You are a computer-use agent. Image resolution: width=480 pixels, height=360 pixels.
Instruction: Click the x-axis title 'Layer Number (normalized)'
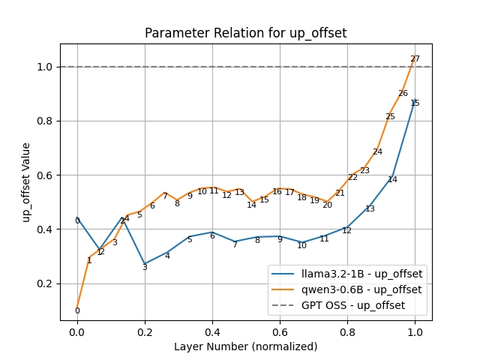pyautogui.click(x=245, y=346)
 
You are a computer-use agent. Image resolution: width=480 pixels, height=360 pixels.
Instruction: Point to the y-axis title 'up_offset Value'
pyautogui.click(x=27, y=182)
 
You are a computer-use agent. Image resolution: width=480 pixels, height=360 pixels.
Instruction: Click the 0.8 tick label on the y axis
pyautogui.click(x=45, y=121)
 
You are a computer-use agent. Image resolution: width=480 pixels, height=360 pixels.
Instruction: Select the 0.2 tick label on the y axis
pyautogui.click(x=45, y=283)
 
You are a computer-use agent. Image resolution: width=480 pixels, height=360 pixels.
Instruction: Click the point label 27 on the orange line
pyautogui.click(x=415, y=59)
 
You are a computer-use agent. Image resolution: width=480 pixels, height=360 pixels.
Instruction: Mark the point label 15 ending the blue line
pyautogui.click(x=415, y=103)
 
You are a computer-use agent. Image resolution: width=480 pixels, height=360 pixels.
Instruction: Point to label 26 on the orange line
pyautogui.click(x=403, y=94)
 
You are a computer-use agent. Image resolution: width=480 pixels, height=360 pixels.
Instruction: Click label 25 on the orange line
pyautogui.click(x=390, y=117)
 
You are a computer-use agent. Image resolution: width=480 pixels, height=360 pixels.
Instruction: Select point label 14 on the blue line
pyautogui.click(x=392, y=180)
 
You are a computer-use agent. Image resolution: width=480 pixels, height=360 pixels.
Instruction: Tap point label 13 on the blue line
pyautogui.click(x=370, y=209)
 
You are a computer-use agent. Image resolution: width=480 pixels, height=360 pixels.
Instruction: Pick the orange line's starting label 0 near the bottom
pyautogui.click(x=77, y=311)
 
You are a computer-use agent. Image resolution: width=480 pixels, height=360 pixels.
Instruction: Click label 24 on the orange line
pyautogui.click(x=377, y=152)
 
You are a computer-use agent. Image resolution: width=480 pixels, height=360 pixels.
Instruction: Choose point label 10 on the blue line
pyautogui.click(x=301, y=245)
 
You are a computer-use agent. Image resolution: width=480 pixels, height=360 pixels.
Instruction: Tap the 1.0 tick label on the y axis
pyautogui.click(x=45, y=67)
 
